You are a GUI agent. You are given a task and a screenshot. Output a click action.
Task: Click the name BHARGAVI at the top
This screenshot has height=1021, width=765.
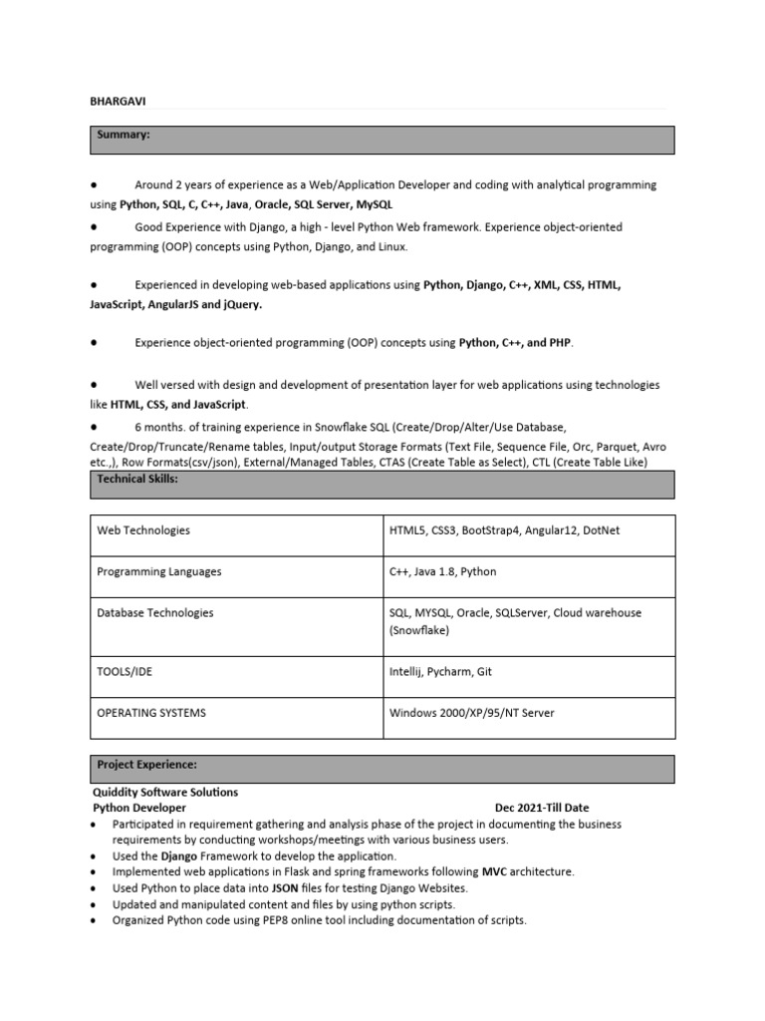click(118, 101)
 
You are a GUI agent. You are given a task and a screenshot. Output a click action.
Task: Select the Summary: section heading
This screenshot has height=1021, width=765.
click(123, 134)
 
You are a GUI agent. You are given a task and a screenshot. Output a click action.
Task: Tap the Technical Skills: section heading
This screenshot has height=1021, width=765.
click(136, 479)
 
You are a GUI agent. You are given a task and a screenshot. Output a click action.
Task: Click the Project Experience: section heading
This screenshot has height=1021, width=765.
click(146, 765)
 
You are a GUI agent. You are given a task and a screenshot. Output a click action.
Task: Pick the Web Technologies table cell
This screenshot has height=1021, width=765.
click(142, 530)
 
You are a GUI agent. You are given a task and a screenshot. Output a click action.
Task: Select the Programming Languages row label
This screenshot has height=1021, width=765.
click(158, 572)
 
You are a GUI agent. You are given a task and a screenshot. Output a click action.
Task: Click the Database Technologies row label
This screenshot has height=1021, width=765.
click(154, 613)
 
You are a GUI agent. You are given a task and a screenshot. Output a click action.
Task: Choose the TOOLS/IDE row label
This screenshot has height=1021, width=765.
click(125, 672)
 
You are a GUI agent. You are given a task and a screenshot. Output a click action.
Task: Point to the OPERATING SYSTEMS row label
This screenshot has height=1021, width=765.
click(151, 713)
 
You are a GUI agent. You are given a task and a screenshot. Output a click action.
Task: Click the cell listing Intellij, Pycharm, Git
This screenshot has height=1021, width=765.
click(440, 672)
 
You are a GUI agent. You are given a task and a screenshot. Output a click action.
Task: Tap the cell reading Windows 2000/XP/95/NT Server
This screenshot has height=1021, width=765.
click(471, 713)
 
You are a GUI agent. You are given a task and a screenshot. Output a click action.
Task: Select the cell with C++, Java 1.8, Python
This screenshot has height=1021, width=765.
click(442, 572)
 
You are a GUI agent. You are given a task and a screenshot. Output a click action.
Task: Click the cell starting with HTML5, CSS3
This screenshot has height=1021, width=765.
click(504, 530)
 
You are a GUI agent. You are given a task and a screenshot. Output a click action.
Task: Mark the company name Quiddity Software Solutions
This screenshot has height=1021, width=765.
click(165, 793)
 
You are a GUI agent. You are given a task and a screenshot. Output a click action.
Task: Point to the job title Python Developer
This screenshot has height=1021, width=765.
click(139, 808)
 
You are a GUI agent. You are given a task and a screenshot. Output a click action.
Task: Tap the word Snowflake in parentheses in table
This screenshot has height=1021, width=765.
click(418, 631)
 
